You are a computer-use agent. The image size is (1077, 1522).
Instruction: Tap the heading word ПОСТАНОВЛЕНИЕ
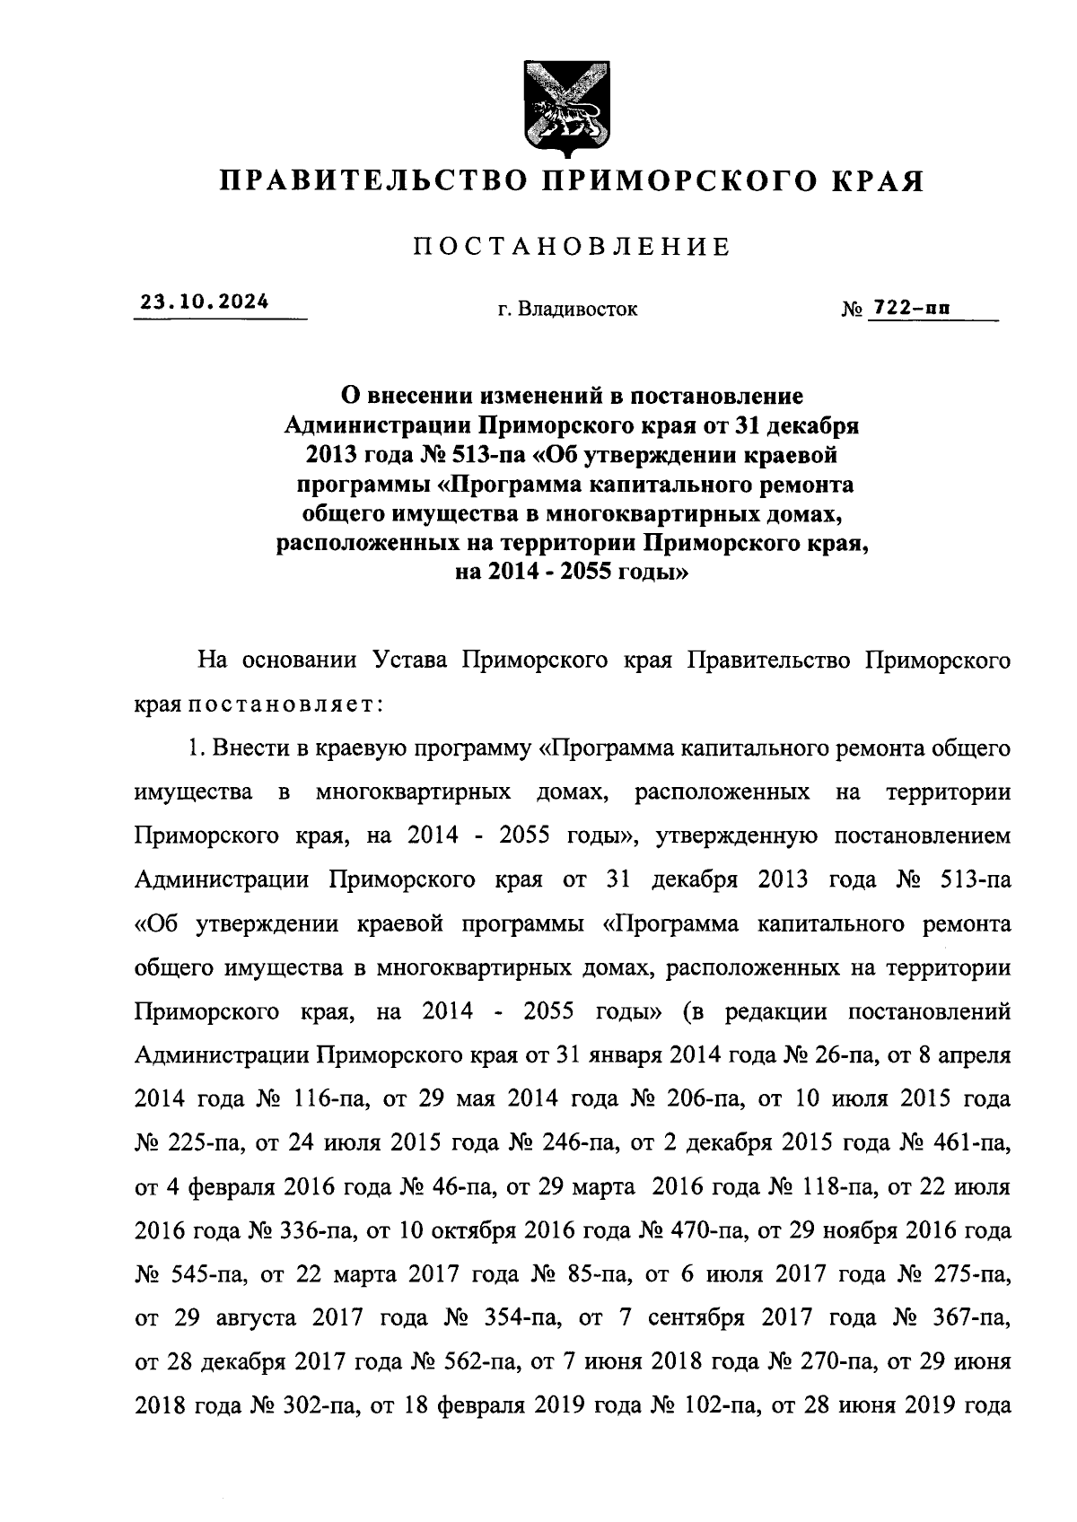point(572,247)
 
